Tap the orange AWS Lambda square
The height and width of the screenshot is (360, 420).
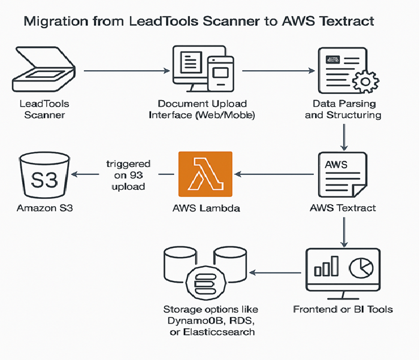point(204,175)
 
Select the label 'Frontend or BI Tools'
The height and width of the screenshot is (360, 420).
point(343,310)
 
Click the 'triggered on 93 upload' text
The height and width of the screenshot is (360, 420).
point(128,174)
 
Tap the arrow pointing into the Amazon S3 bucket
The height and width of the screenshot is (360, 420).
point(84,174)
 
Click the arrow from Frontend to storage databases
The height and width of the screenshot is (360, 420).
point(273,272)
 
